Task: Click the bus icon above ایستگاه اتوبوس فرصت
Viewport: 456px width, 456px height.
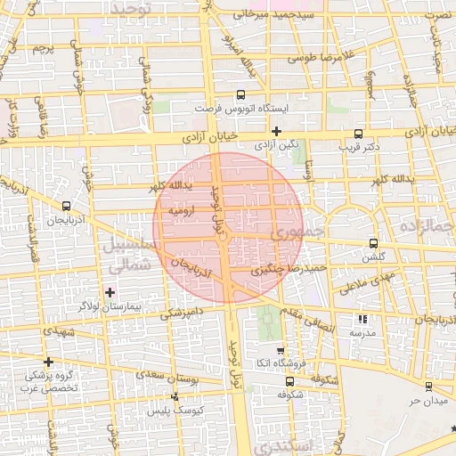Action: [x=240, y=94]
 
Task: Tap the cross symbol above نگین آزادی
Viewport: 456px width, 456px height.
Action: [x=277, y=131]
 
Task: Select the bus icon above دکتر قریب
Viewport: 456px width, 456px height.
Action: [x=359, y=130]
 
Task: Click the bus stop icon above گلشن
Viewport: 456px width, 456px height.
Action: [x=373, y=243]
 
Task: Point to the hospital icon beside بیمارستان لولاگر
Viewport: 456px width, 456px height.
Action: [x=110, y=292]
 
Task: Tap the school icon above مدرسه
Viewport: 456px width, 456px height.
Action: [x=362, y=319]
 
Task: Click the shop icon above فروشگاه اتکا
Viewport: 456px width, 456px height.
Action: [x=281, y=351]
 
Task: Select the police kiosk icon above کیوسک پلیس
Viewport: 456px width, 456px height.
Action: [x=175, y=397]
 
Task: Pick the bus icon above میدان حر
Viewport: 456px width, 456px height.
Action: [x=429, y=387]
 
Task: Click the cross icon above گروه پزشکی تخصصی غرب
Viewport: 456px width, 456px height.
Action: [x=48, y=362]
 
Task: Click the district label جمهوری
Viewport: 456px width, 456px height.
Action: [x=284, y=232]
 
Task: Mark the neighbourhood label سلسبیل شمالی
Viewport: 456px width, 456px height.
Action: [x=128, y=253]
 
